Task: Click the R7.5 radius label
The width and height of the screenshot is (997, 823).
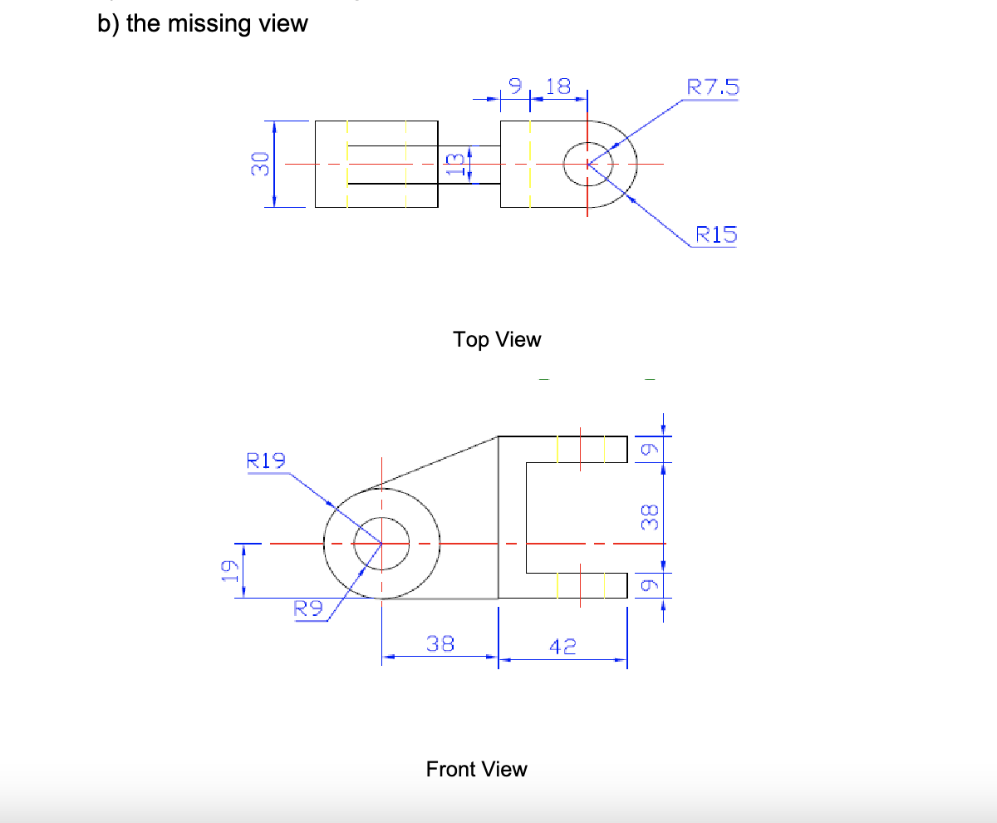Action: coord(713,87)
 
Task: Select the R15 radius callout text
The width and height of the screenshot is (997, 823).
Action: coord(715,235)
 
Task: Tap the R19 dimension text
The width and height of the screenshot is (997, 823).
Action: coord(266,461)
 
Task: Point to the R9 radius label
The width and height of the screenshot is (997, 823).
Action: coord(309,609)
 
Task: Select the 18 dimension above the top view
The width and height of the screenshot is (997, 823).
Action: coord(559,86)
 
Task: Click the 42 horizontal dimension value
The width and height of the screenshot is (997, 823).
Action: coord(562,646)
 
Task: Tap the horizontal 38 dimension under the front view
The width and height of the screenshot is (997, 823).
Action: coord(440,643)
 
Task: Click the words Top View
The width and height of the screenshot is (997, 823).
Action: coord(497,339)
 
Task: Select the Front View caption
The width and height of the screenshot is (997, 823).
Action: coord(476,769)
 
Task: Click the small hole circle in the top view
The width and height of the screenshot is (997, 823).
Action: coord(587,164)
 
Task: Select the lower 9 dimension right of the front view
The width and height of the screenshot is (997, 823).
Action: coord(651,585)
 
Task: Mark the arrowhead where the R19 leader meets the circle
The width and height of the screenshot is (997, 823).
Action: coord(332,505)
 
